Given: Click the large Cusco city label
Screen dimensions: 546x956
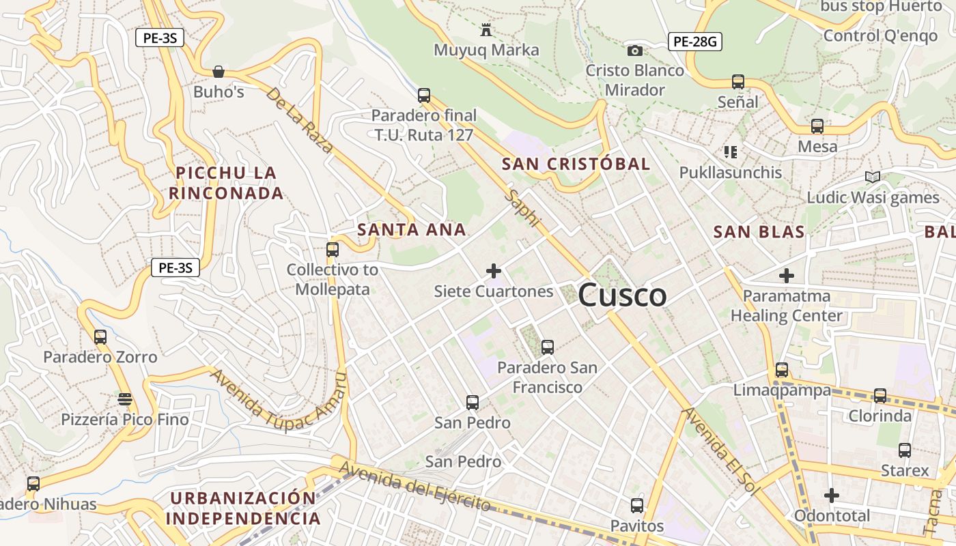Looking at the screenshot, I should coord(622,296).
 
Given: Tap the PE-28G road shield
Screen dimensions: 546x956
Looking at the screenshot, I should coord(694,42).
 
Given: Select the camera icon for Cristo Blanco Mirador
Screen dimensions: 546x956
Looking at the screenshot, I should coord(635,51).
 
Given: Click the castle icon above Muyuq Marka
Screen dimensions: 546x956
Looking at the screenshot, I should coord(486,30).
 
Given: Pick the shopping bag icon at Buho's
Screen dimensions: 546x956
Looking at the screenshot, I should coord(219,72).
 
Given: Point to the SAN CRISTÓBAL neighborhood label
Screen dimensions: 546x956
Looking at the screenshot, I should coord(576,164).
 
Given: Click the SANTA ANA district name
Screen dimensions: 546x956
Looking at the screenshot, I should coord(412,230).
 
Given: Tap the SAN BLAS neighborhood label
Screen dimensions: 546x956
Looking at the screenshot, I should coord(759,232).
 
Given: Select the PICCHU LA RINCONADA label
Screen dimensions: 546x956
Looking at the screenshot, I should coord(226,183).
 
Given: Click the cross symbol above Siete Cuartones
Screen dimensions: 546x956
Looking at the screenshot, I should coord(494,271).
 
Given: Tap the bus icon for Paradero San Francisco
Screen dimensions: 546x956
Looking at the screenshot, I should coord(548,347).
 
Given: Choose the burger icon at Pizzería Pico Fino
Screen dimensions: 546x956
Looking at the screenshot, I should coord(125,399).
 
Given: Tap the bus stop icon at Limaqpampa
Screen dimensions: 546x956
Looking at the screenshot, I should coord(782,370).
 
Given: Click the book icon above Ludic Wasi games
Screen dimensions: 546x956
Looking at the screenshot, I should coord(872,177).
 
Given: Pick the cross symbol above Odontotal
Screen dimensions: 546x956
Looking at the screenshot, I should coord(831,495).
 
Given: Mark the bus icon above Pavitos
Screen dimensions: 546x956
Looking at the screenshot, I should coord(637,506).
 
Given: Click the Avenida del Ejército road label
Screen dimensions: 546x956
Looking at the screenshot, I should coord(414,487).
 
